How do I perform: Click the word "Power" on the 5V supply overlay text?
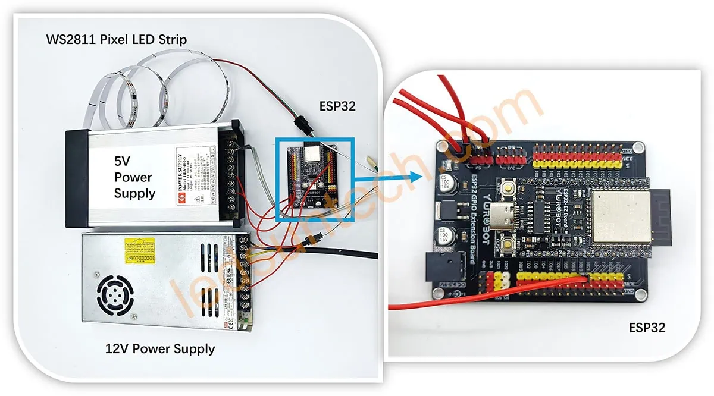(x=133, y=177)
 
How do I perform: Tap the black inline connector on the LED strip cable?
(x=300, y=127)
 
